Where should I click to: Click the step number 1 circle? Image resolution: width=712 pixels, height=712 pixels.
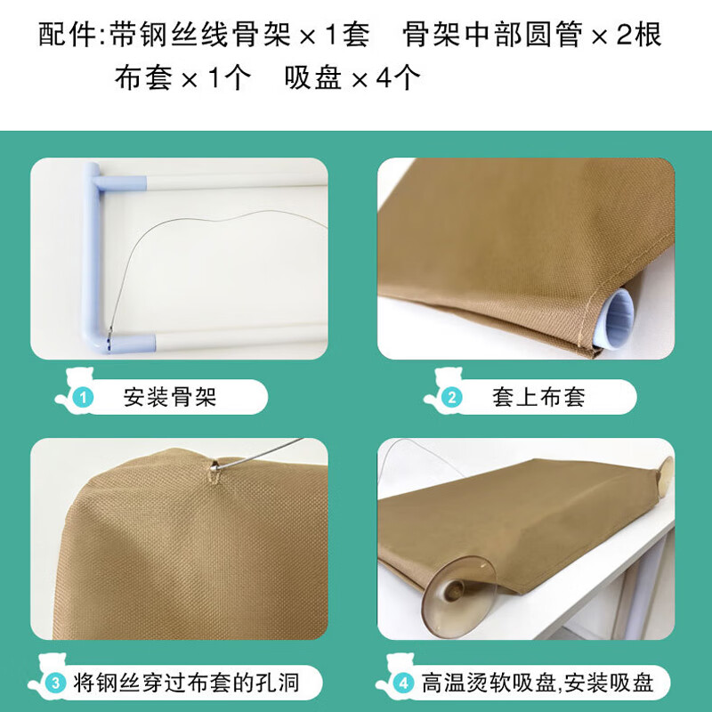coord(83,398)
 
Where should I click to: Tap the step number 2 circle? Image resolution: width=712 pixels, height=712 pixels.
coord(452,398)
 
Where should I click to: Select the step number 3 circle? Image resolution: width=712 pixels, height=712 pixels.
coord(55,683)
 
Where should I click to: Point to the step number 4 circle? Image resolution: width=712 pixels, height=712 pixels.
coord(403,683)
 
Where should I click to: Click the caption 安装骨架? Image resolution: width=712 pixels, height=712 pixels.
coord(170,397)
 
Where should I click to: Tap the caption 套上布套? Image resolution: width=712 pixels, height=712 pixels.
coord(538,397)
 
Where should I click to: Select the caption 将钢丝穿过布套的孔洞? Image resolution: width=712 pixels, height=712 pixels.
coord(186,683)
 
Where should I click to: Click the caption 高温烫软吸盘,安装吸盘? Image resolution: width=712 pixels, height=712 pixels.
coord(538,683)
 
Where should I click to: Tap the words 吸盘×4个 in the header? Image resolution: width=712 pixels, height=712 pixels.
coord(352,77)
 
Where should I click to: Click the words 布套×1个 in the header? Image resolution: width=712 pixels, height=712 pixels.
coord(182,77)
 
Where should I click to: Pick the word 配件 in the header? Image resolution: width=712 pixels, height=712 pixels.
coord(66,34)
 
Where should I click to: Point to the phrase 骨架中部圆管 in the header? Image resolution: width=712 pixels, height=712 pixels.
coord(492,34)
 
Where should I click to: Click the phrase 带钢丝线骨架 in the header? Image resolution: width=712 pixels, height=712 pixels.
coord(199,34)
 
